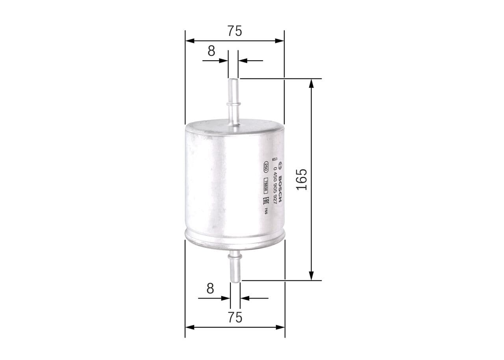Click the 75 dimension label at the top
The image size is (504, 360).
tap(234, 31)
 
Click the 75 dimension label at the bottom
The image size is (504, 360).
tap(235, 317)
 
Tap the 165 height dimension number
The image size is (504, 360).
tap(302, 179)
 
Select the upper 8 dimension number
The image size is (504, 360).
tap(211, 51)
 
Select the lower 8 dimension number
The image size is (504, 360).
tap(210, 288)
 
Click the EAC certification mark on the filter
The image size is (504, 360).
tap(266, 202)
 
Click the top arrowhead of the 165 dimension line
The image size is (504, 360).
tap(311, 83)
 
